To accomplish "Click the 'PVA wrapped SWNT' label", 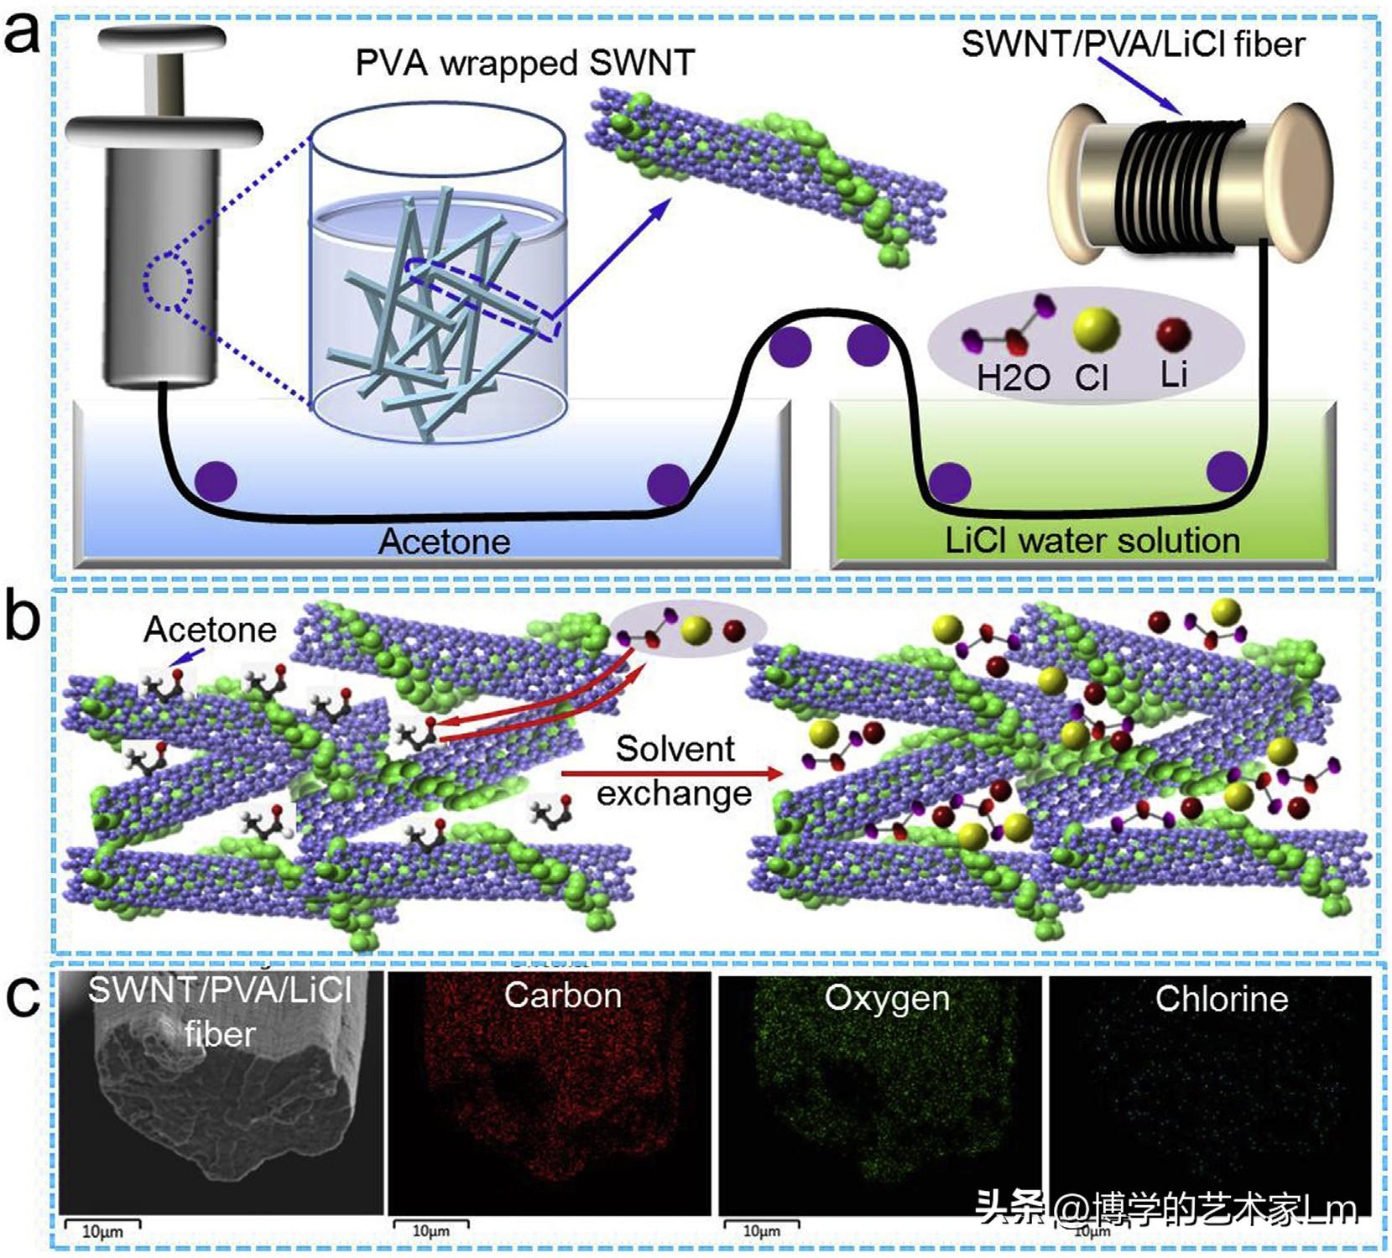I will pyautogui.click(x=524, y=63).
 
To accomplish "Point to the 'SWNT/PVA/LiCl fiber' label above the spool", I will pyautogui.click(x=1133, y=44).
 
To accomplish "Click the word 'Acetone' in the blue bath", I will pyautogui.click(x=444, y=541).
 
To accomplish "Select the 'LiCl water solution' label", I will pyautogui.click(x=1092, y=540).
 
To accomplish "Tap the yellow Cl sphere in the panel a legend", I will pyautogui.click(x=1096, y=329).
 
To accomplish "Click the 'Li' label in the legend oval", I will pyautogui.click(x=1174, y=374).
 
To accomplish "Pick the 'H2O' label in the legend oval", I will pyautogui.click(x=1013, y=378).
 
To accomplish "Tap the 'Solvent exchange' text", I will pyautogui.click(x=675, y=770).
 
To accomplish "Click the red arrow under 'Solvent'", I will pyautogui.click(x=671, y=773).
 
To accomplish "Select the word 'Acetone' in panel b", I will pyautogui.click(x=210, y=629).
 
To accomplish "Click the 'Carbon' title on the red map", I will pyautogui.click(x=562, y=995).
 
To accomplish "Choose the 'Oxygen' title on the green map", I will pyautogui.click(x=887, y=998).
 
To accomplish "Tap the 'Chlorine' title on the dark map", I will pyautogui.click(x=1221, y=998).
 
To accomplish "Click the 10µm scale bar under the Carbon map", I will pyautogui.click(x=430, y=1225).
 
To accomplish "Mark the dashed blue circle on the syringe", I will pyautogui.click(x=169, y=284).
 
